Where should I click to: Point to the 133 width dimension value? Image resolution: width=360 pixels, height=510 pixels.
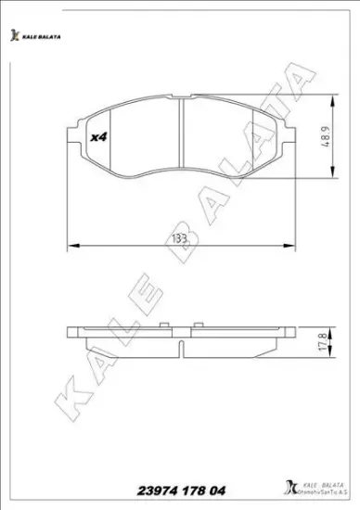point(180,237)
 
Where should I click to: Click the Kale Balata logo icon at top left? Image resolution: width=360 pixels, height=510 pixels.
point(14,35)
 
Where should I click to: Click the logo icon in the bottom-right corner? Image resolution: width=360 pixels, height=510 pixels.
point(281,487)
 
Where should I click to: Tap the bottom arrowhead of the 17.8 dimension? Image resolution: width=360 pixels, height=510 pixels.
point(332,357)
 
